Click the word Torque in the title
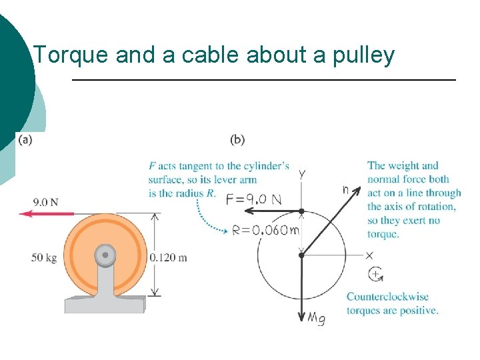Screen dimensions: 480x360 point(71,55)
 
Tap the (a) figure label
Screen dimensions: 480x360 point(25,139)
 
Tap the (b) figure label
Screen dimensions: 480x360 point(237,139)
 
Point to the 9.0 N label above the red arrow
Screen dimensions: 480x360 point(45,201)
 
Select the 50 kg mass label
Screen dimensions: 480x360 point(44,257)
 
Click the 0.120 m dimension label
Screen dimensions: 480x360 point(169,257)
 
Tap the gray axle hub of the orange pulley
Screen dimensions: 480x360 point(105,255)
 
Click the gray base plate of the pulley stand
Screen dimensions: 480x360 point(104,305)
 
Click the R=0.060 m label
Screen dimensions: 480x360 point(265,231)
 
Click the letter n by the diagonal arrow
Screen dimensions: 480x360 point(345,189)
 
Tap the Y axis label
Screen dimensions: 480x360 point(302,175)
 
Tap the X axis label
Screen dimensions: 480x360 point(369,255)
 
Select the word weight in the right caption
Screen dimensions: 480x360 point(403,166)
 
